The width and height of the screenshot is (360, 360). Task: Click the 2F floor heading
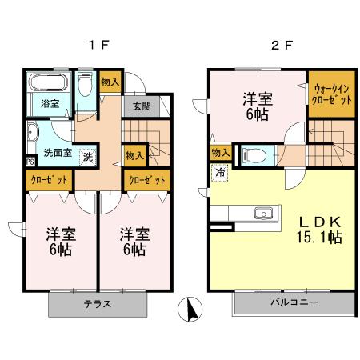click(281, 45)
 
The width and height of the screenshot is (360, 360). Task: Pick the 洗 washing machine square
click(87, 155)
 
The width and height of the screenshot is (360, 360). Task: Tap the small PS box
click(30, 161)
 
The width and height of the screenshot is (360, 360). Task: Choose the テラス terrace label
click(98, 305)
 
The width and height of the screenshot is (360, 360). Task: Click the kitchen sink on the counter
click(262, 213)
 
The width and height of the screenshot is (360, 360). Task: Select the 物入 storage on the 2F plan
click(220, 152)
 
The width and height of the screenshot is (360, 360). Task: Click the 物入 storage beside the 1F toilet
click(110, 82)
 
